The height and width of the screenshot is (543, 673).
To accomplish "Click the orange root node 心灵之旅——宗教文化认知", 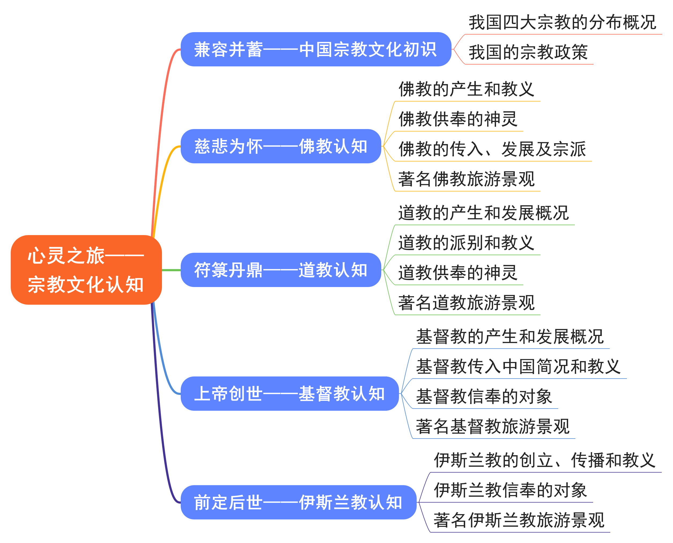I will [86, 270].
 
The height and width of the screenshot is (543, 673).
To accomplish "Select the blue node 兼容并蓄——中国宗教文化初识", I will [316, 50].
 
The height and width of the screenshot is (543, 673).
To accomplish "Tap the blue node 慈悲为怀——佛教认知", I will [281, 146].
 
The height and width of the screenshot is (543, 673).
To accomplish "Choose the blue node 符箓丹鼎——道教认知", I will [281, 270].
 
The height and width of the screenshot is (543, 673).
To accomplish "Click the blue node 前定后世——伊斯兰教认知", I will [298, 502].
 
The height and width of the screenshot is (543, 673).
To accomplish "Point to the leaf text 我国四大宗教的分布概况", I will [562, 22].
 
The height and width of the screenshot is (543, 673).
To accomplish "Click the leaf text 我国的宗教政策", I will [528, 52].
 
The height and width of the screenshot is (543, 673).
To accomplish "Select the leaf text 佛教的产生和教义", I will [466, 89].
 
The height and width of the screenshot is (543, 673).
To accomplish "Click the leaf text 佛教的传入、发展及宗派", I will [492, 149].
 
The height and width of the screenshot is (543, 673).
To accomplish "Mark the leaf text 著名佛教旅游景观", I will [466, 179].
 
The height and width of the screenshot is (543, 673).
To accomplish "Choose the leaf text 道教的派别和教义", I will [466, 243].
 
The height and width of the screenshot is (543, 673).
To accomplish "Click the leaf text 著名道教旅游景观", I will [466, 303].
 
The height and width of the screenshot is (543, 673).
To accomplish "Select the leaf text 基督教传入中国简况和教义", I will [518, 366].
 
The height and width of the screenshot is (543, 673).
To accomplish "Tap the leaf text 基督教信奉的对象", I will [484, 396].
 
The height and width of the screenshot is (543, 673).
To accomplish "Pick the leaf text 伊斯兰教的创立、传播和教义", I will [544, 460].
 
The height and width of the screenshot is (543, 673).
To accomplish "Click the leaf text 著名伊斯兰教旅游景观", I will [519, 520].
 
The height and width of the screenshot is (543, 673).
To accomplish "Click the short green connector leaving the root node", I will [171, 270].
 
